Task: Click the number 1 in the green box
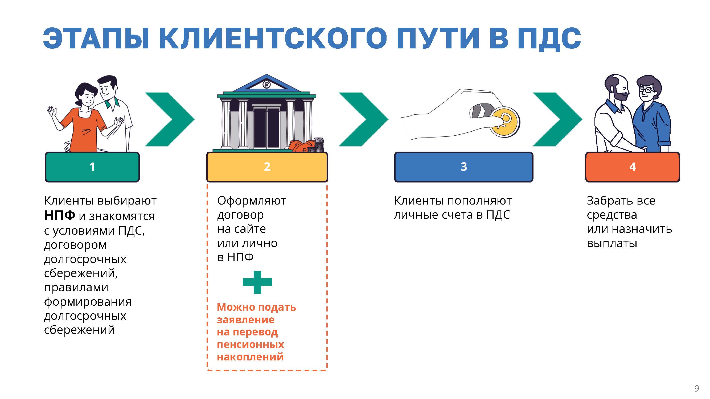click(92, 167)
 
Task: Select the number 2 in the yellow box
click(267, 167)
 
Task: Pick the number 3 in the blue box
click(464, 167)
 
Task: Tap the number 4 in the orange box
click(633, 167)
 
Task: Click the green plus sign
click(257, 282)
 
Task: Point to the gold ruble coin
click(504, 122)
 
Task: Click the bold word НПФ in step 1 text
click(60, 216)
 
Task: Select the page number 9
click(696, 388)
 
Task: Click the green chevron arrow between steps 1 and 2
click(170, 119)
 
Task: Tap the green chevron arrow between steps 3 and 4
click(557, 119)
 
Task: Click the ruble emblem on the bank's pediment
click(266, 84)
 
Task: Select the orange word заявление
click(245, 320)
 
